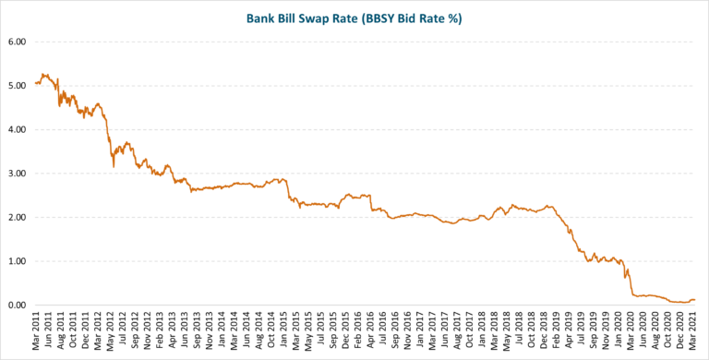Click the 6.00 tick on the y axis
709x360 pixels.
click(18, 42)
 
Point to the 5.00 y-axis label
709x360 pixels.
click(18, 86)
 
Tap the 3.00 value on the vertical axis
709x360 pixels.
click(18, 174)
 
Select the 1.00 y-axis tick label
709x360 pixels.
click(18, 261)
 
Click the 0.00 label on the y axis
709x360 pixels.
click(18, 306)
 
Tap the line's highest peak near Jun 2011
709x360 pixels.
click(42, 74)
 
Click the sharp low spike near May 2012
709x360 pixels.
click(113, 167)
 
